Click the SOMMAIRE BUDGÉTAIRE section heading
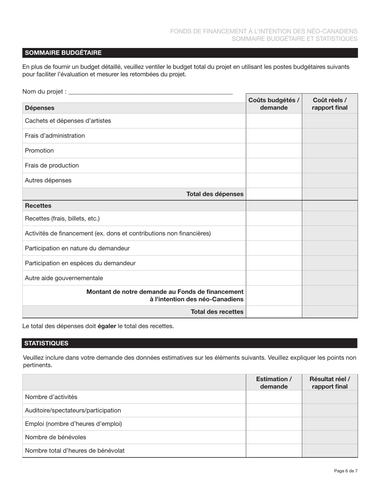pos(63,53)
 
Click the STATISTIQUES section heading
pos(46,343)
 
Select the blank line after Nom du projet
pos(150,92)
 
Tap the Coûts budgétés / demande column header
pos(274,104)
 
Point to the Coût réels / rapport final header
pos(330,104)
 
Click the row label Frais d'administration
pos(55,136)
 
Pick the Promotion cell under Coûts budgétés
pos(274,151)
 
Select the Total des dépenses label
pos(215,194)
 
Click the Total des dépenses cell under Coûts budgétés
pos(274,194)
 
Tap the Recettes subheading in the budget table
pos(38,206)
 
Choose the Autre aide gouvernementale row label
pos(64,278)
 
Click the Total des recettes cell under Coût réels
pos(330,312)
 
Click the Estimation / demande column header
pos(274,383)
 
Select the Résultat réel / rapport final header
pos(330,383)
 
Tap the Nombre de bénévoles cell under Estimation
pos(274,437)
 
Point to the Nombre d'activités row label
pos(51,397)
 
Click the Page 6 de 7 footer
pos(346,471)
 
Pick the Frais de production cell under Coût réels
pos(330,166)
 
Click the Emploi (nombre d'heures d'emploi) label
pos(73,424)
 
